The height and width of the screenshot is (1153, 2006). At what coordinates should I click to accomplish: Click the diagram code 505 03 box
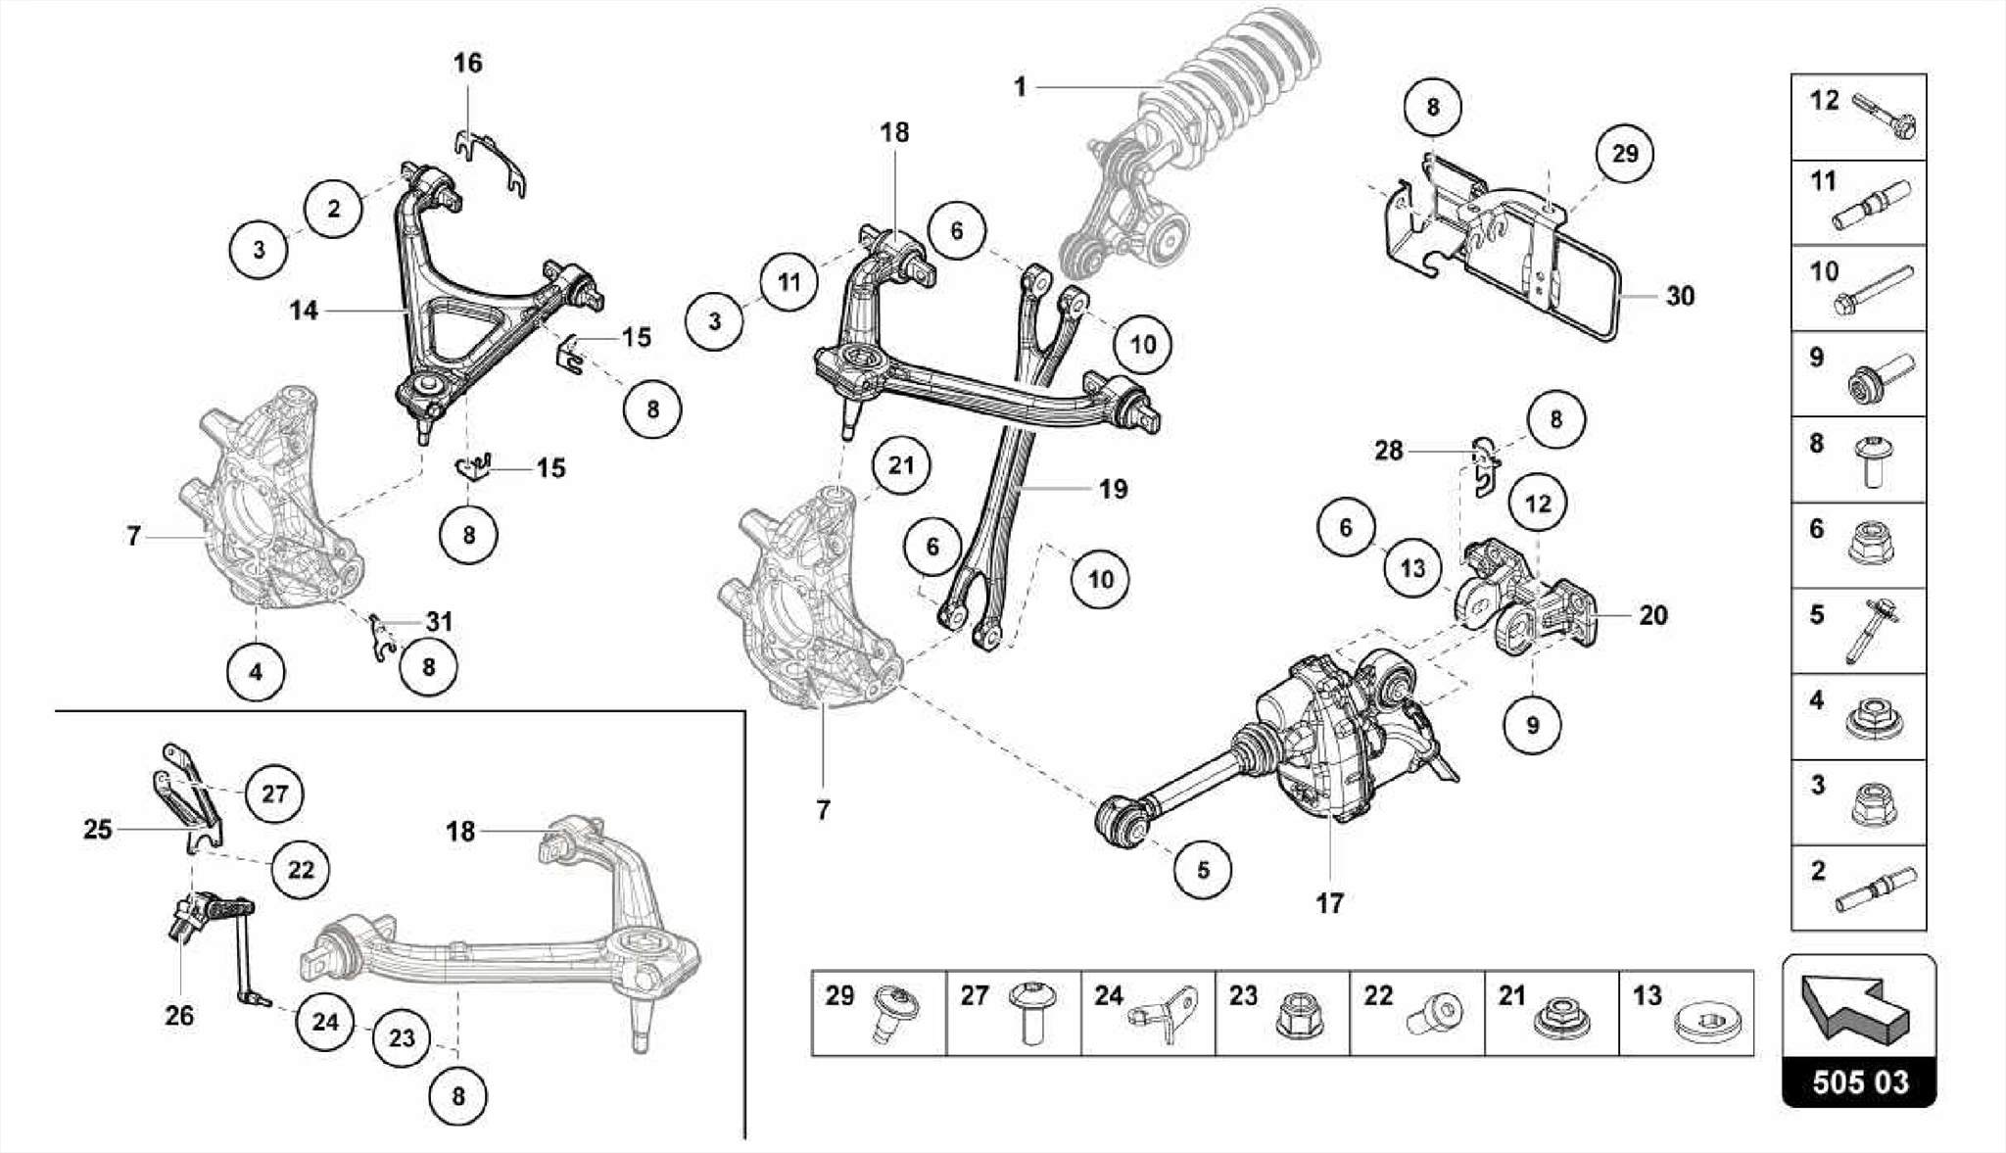click(x=1858, y=1081)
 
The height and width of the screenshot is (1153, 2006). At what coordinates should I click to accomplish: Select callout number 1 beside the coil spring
click(x=1020, y=87)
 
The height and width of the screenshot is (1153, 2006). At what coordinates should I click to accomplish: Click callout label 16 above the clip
click(x=467, y=64)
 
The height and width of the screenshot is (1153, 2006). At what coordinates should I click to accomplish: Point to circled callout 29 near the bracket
click(x=1624, y=154)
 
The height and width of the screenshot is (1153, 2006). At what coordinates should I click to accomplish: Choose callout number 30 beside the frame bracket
click(x=1680, y=296)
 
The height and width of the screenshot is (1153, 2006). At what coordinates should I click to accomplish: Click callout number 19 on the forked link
click(x=1113, y=489)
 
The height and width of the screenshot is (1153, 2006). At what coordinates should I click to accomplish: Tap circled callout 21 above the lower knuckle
click(x=900, y=465)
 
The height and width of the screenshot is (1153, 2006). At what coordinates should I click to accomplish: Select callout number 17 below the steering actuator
click(x=1329, y=903)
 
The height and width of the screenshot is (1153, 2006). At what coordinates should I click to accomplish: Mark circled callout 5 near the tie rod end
click(x=1203, y=870)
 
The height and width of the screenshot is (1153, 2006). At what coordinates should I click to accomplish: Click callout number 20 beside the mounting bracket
click(x=1652, y=615)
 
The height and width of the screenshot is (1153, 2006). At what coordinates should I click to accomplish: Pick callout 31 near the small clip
click(x=439, y=621)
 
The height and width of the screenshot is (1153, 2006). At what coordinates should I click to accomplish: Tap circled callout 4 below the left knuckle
click(x=256, y=673)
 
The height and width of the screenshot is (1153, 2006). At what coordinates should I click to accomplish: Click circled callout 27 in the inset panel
click(x=274, y=793)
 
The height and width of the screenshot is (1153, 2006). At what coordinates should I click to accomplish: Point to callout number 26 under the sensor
click(x=179, y=1016)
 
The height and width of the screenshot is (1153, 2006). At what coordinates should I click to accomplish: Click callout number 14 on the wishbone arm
click(x=304, y=311)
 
